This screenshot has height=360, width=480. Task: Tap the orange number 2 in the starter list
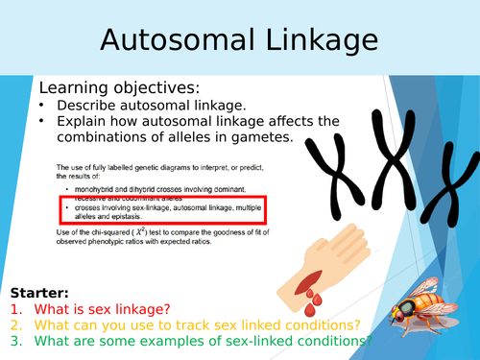pos(16,326)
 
